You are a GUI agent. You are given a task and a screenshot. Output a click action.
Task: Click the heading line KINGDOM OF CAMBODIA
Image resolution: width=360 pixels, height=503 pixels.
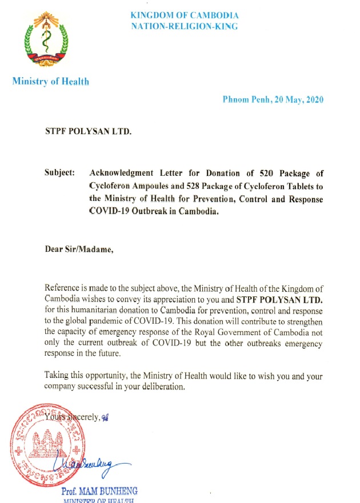point(184,15)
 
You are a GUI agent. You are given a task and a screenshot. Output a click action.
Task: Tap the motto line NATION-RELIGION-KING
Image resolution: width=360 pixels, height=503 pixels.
point(184,26)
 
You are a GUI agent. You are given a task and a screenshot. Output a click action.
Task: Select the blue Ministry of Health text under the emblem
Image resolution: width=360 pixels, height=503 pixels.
point(50,82)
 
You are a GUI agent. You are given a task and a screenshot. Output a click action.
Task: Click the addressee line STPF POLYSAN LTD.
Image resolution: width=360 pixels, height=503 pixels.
point(88,132)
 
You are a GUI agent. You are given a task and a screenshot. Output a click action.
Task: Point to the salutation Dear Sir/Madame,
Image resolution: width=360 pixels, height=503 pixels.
point(79,249)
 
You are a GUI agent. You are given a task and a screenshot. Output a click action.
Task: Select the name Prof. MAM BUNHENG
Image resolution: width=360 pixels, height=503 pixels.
point(99,490)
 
